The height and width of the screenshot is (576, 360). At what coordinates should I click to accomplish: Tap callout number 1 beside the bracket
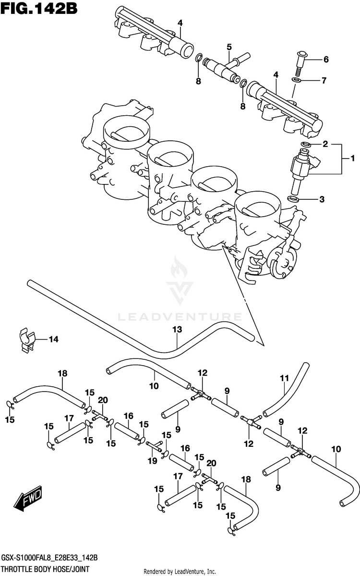click(352, 159)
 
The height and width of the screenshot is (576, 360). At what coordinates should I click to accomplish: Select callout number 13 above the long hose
click(177, 330)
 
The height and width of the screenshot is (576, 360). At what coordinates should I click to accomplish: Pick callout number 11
click(283, 378)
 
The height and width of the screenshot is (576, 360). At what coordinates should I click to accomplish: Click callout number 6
click(325, 60)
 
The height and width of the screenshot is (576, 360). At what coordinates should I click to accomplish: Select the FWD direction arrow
click(28, 500)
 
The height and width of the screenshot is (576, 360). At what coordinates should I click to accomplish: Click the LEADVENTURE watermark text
click(180, 317)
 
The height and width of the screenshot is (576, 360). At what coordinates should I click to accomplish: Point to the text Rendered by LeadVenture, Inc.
click(180, 571)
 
